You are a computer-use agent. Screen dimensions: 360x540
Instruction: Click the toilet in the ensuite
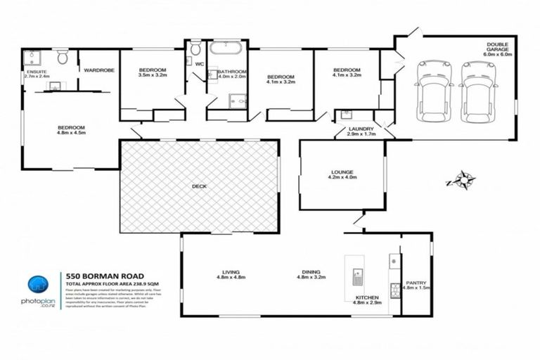tap(61, 57)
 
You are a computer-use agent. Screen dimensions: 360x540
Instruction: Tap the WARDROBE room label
tap(95, 71)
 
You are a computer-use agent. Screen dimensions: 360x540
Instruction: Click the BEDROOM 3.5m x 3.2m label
tap(152, 74)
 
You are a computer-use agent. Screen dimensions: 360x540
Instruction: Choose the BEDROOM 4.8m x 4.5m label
tap(70, 131)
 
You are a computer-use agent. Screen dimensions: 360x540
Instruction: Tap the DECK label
tap(199, 186)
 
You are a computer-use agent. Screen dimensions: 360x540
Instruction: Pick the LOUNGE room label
tap(342, 174)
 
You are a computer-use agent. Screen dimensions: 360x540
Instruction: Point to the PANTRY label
tap(416, 285)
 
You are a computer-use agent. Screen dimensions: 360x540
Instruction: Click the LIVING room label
tap(230, 274)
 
